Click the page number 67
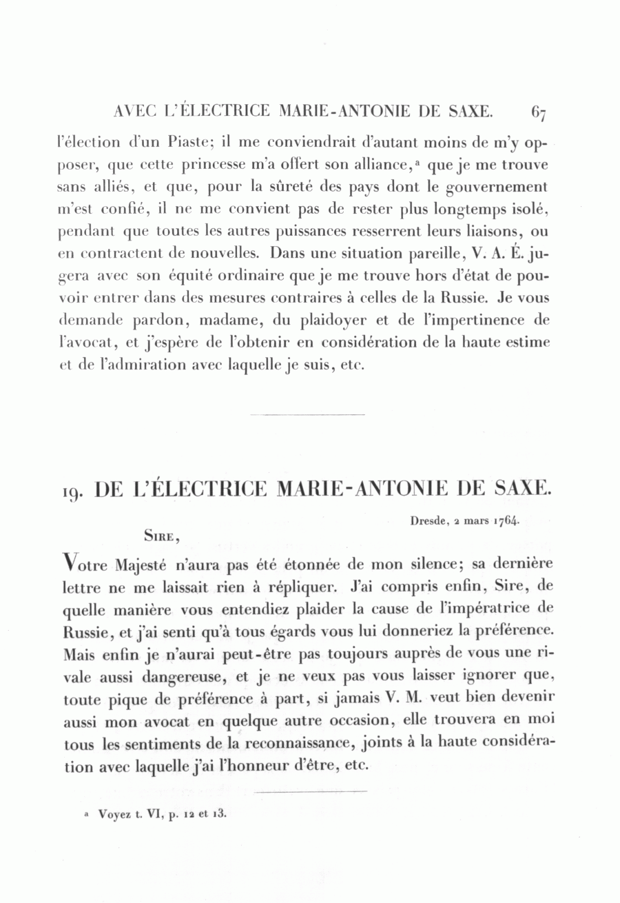click(539, 112)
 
